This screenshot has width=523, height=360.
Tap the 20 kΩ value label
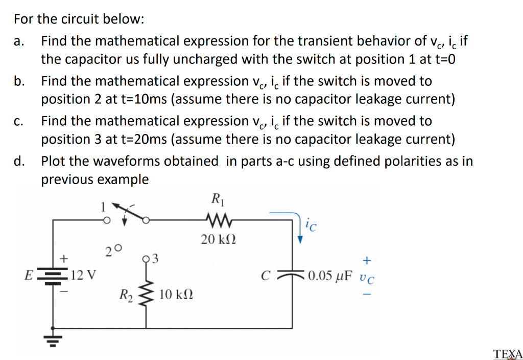[x=219, y=239]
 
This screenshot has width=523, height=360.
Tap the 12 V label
[x=83, y=276]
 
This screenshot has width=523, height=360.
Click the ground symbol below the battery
[x=53, y=337]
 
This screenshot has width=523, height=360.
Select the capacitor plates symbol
[x=290, y=276]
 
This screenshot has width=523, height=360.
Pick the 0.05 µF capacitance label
[x=330, y=277]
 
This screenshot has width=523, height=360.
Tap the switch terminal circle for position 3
[x=148, y=257]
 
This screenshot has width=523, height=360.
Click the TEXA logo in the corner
[x=508, y=353]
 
